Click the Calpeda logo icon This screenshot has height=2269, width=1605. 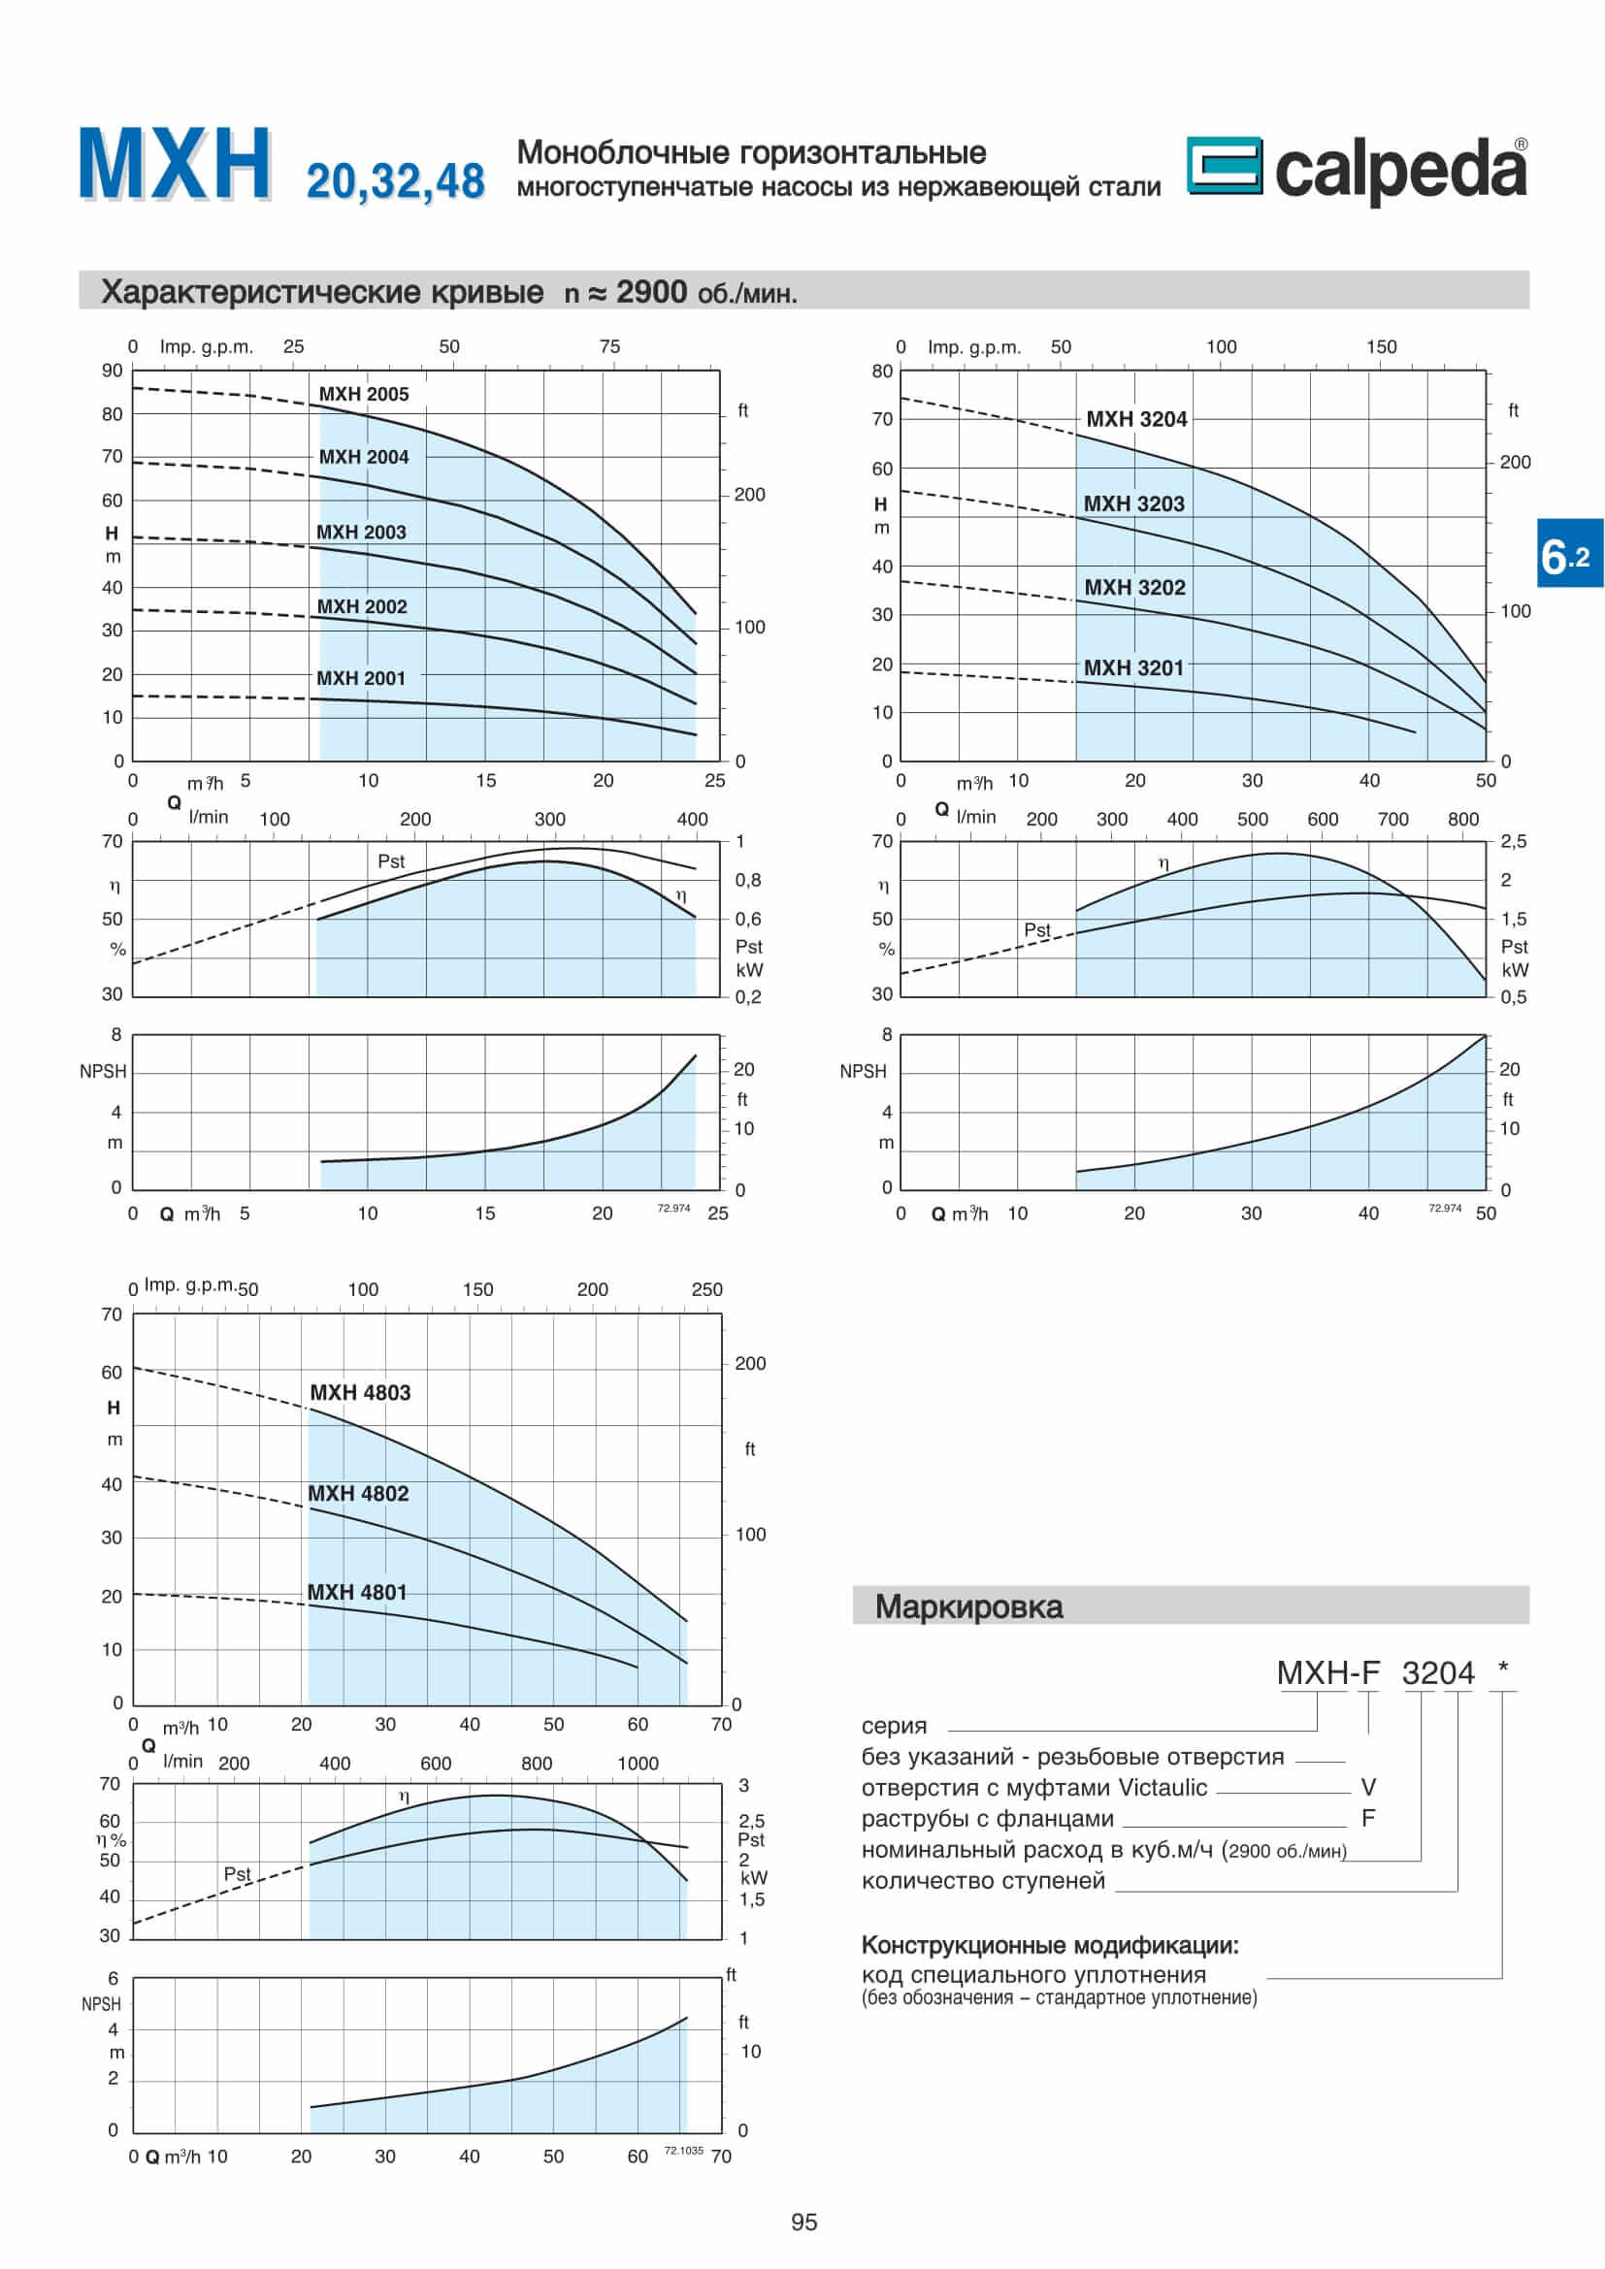(x=1224, y=165)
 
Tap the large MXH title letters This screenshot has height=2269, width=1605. (x=175, y=164)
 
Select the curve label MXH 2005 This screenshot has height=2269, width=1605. (x=363, y=394)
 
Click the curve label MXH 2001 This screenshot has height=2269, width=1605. (x=361, y=678)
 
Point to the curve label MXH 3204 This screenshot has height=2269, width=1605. (x=1136, y=419)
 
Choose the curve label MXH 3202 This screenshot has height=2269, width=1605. (x=1134, y=587)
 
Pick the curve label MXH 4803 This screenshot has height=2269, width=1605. (x=360, y=1392)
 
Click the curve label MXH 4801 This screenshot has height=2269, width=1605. (x=357, y=1592)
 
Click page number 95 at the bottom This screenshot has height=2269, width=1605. (x=804, y=2222)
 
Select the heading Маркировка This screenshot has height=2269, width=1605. (x=968, y=1606)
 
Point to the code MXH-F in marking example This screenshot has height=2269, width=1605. (x=1327, y=1673)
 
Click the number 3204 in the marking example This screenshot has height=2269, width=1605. (x=1438, y=1673)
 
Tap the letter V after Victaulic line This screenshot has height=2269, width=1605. (x=1369, y=1787)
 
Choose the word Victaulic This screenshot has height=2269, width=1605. (x=1163, y=1788)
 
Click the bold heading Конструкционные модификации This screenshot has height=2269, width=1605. (x=1050, y=1945)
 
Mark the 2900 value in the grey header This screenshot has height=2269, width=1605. (x=651, y=293)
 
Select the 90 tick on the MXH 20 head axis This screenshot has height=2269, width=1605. (x=112, y=371)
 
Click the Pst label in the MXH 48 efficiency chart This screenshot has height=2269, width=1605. (x=237, y=1874)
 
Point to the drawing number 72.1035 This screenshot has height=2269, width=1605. (x=683, y=2151)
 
